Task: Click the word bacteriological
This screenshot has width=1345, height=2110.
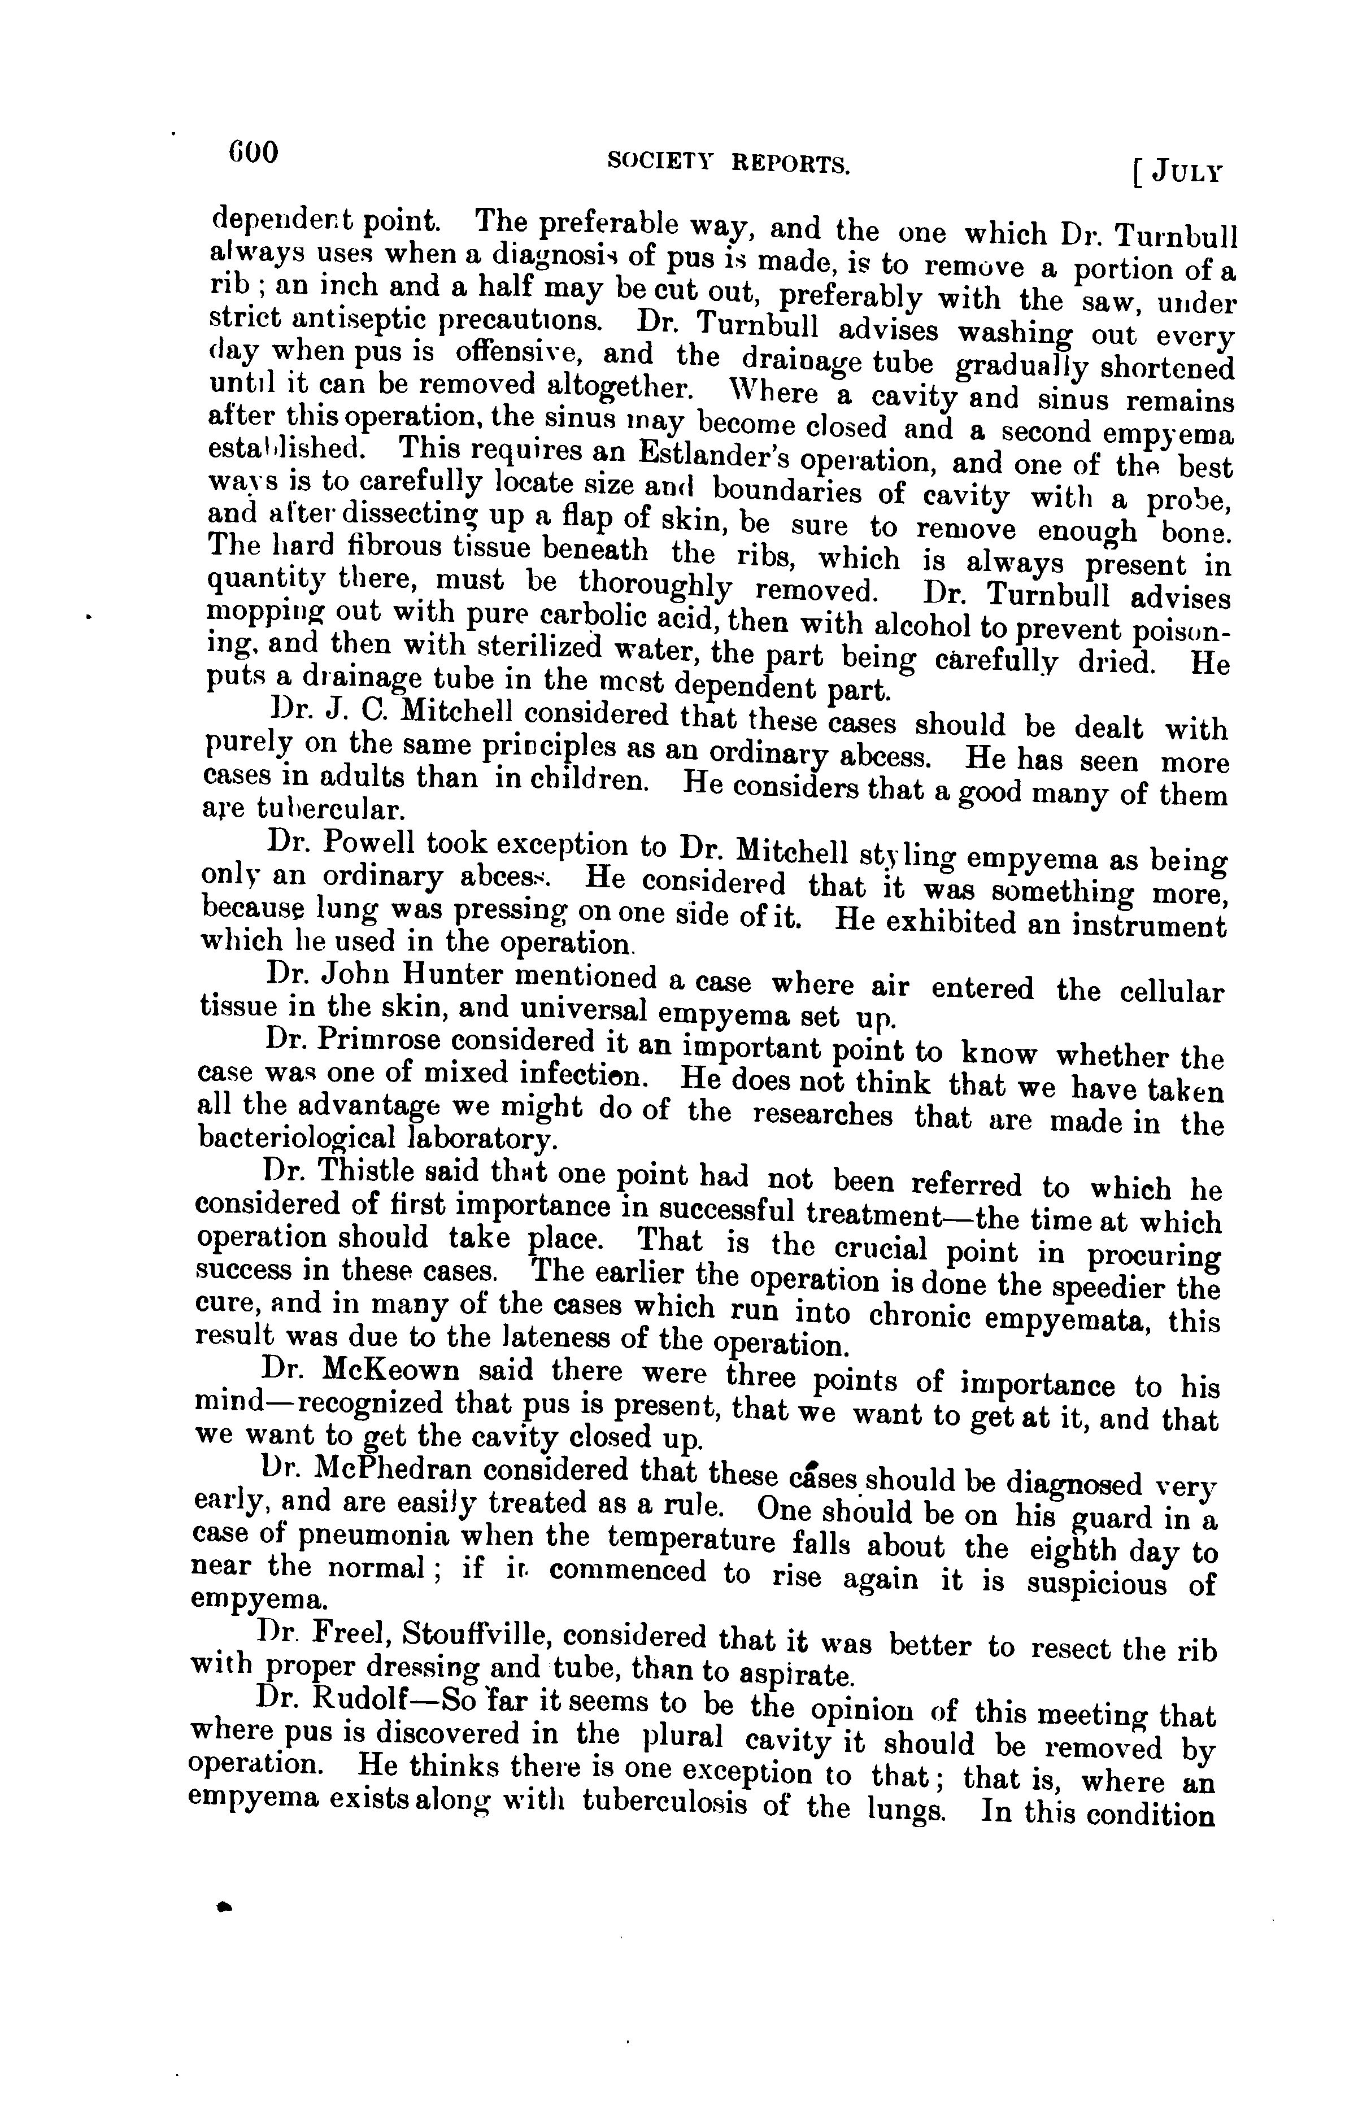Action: (x=296, y=1138)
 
